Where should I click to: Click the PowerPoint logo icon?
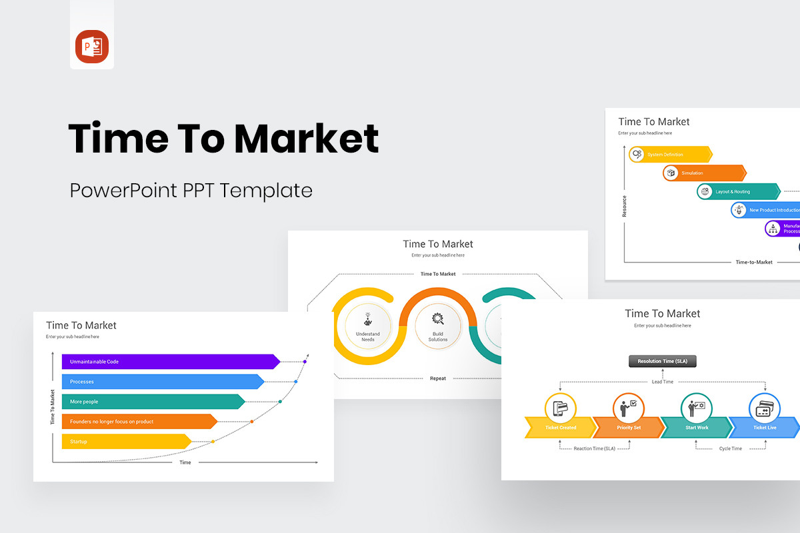tap(92, 47)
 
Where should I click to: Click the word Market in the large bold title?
tap(306, 139)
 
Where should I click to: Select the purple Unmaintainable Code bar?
tap(170, 362)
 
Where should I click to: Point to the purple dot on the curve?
tap(305, 362)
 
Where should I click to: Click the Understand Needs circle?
tap(368, 324)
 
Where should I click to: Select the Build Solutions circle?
tap(437, 324)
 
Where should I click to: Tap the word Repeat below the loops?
tap(438, 378)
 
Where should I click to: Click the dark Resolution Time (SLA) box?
tap(662, 362)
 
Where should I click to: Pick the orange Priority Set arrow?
tap(628, 428)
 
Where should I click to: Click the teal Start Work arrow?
tap(696, 428)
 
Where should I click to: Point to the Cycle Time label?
tap(730, 449)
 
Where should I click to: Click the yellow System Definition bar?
tap(670, 155)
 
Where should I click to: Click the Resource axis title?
tap(625, 206)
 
